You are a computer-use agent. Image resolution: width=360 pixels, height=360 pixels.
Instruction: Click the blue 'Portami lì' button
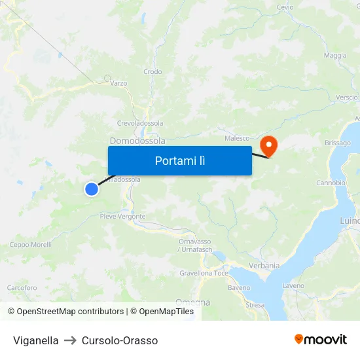[x=179, y=160]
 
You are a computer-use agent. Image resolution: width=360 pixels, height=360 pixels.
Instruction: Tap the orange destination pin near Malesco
[x=269, y=145]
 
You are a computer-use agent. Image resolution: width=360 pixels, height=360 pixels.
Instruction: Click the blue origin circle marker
[x=92, y=189]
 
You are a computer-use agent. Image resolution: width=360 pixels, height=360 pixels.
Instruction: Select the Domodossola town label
[x=137, y=141]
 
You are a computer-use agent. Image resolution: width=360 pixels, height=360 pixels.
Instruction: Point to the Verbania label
[x=264, y=266]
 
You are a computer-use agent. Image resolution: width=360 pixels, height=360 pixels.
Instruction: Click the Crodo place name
[x=153, y=72]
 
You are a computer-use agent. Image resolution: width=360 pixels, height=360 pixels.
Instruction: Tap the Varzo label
[x=118, y=83]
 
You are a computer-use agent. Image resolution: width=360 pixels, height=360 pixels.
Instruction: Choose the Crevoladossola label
[x=139, y=123]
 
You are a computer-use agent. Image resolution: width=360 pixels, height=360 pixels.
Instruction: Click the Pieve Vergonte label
[x=122, y=217]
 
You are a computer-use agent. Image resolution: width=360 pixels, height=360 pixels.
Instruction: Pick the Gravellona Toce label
[x=204, y=273]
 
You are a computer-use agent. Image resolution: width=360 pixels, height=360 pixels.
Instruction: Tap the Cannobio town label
[x=331, y=183]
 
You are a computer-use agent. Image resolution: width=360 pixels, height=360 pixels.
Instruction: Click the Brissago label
[x=337, y=143]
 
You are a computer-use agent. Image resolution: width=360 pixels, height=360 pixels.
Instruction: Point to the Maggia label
[x=335, y=56]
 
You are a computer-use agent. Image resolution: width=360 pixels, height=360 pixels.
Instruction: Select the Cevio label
[x=285, y=7]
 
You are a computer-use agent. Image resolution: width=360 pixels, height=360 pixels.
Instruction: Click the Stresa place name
[x=255, y=305]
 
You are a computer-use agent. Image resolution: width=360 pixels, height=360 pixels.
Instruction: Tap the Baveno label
[x=239, y=288]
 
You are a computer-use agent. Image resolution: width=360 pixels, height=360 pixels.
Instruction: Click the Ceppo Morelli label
[x=30, y=245]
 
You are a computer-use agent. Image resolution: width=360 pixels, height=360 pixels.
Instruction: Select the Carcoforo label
[x=22, y=288]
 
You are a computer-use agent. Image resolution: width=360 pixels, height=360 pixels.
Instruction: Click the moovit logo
[x=320, y=339]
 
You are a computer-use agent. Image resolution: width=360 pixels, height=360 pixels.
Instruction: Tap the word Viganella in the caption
[x=36, y=340]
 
